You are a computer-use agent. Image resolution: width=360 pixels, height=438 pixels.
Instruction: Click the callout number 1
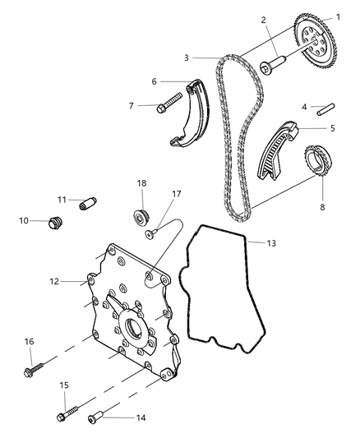pos(338,16)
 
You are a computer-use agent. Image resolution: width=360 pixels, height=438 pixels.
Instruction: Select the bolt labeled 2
pos(272,64)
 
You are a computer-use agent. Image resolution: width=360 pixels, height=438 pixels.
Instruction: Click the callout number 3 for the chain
pos(187,58)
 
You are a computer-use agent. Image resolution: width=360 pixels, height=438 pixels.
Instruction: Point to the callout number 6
pos(154,81)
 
